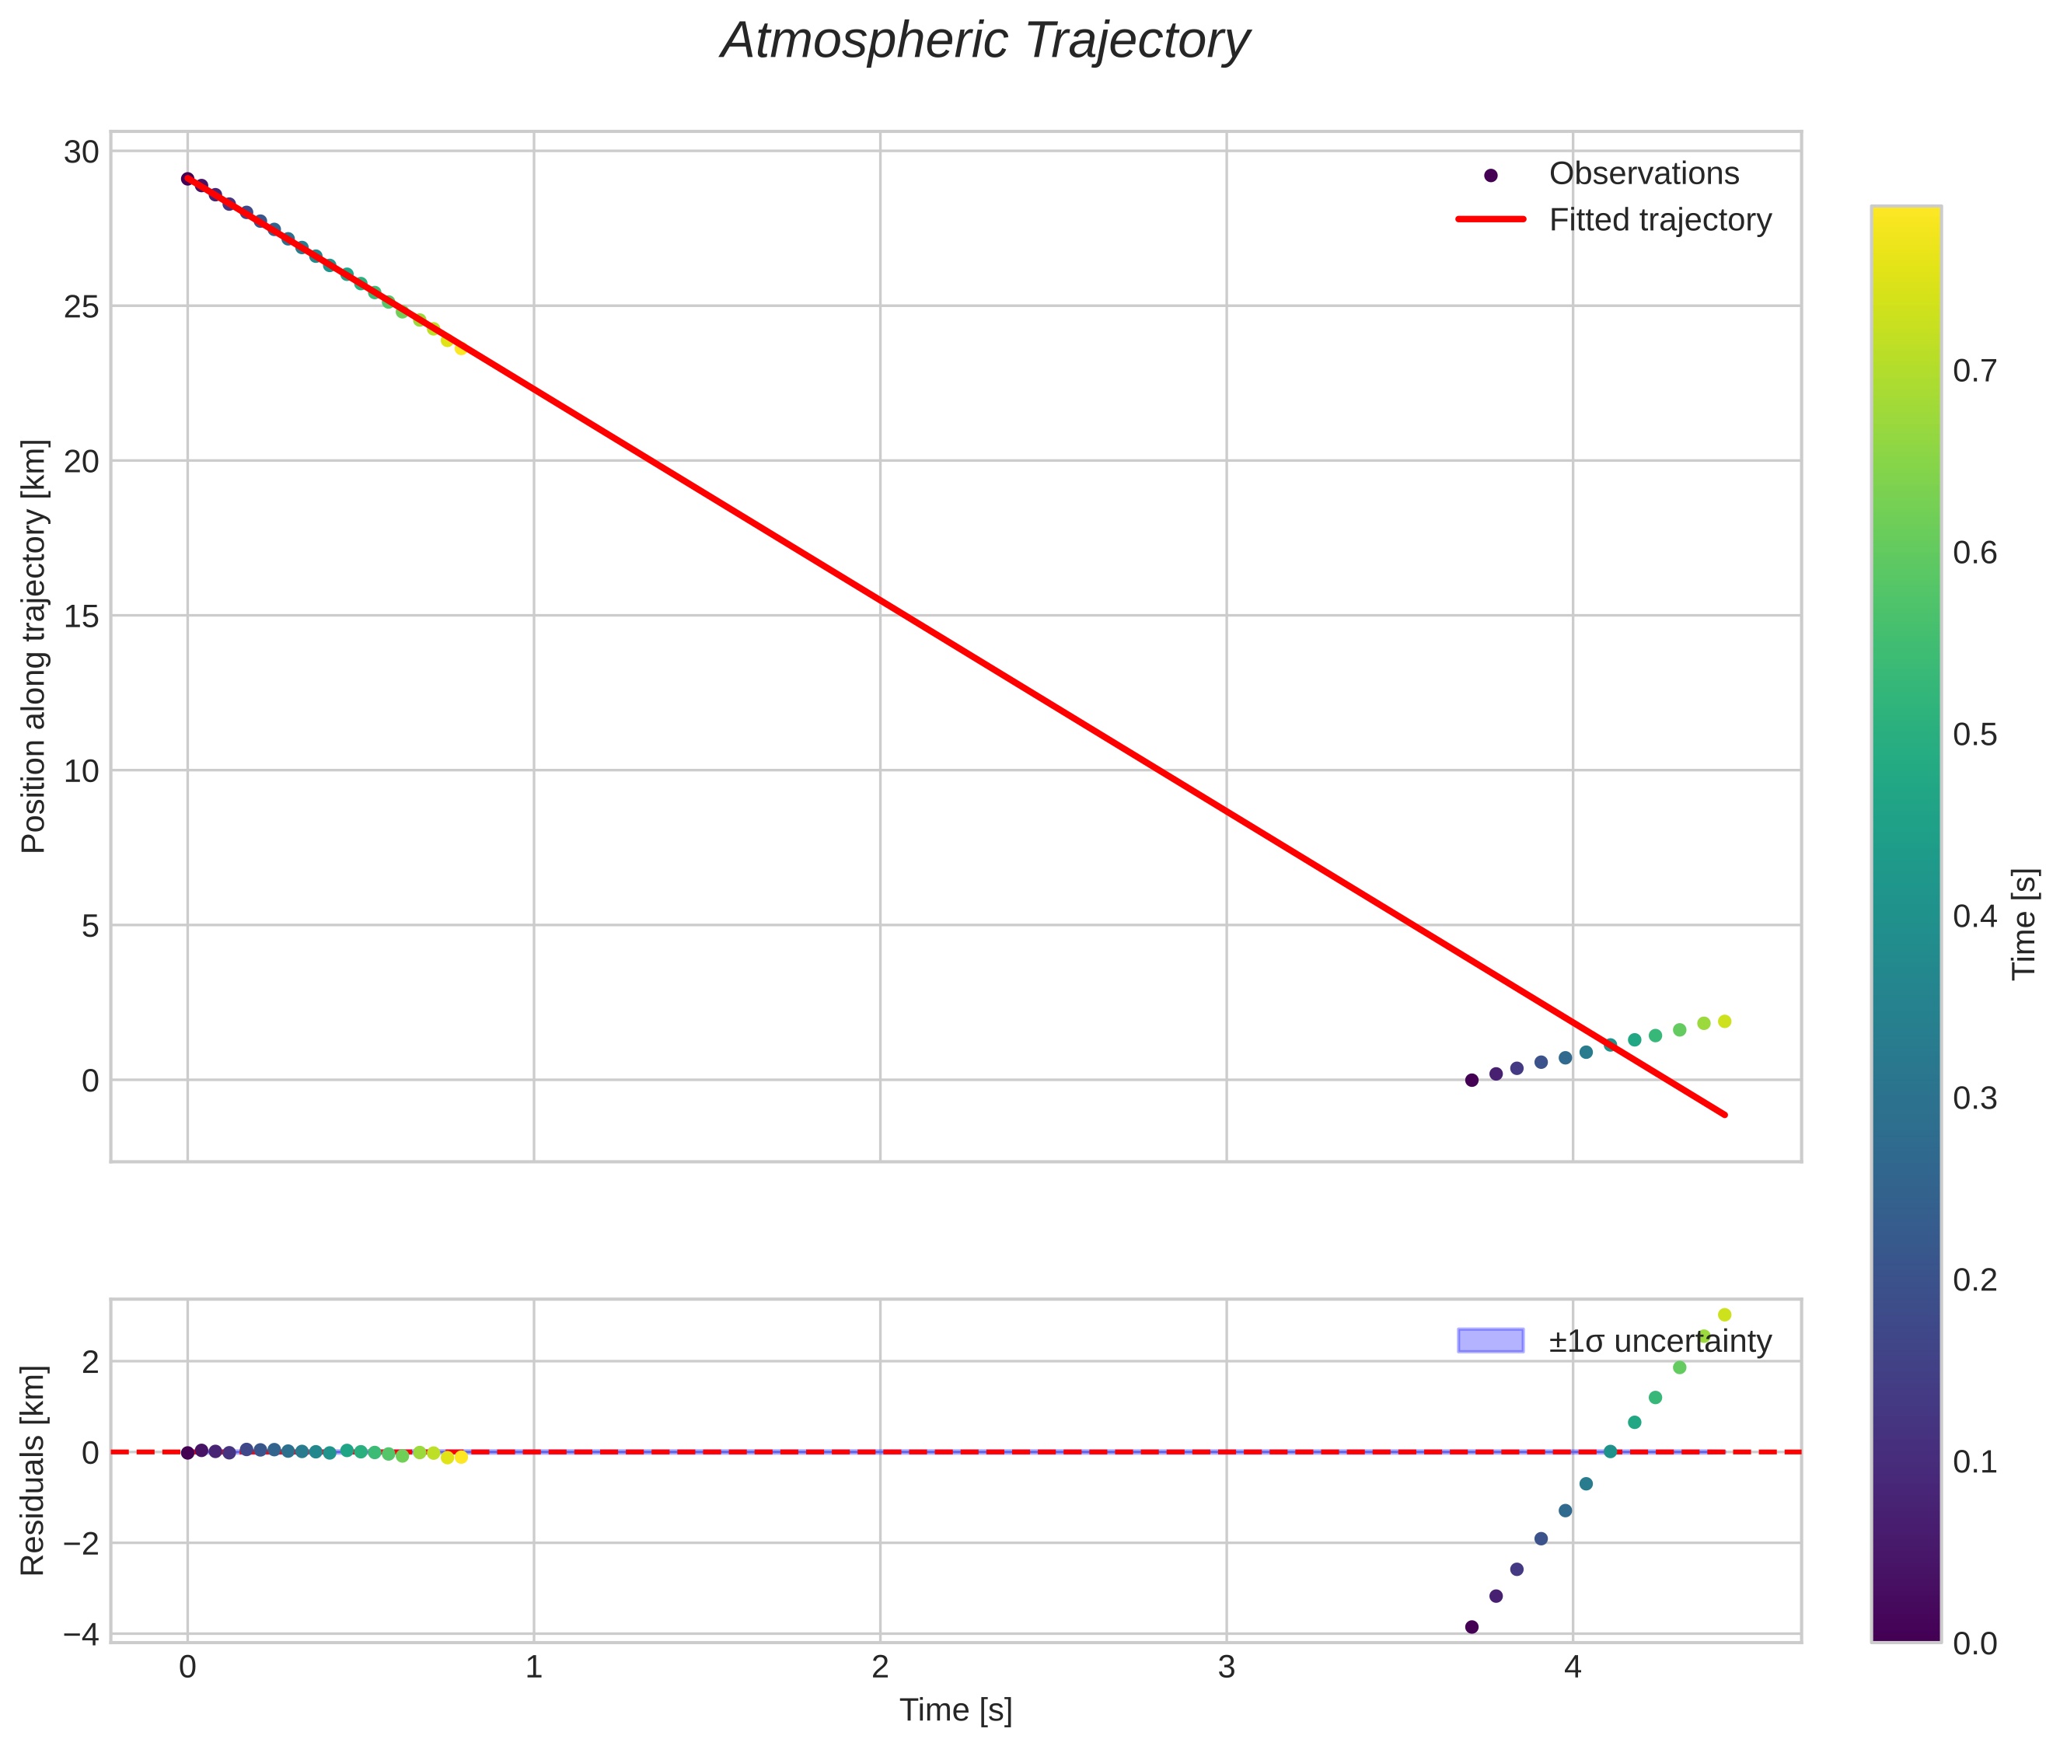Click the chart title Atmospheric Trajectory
[x=985, y=41]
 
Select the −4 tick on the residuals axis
[x=80, y=1634]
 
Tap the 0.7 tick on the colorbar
[x=1974, y=371]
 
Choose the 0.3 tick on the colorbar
[x=1974, y=1098]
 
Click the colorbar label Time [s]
[x=2024, y=924]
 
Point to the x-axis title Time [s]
[x=955, y=1710]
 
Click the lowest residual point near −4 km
[x=1472, y=1627]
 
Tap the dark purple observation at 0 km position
[x=1472, y=1080]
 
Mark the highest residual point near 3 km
[x=1724, y=1315]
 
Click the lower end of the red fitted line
[x=1726, y=1115]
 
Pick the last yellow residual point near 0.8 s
[x=461, y=1458]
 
